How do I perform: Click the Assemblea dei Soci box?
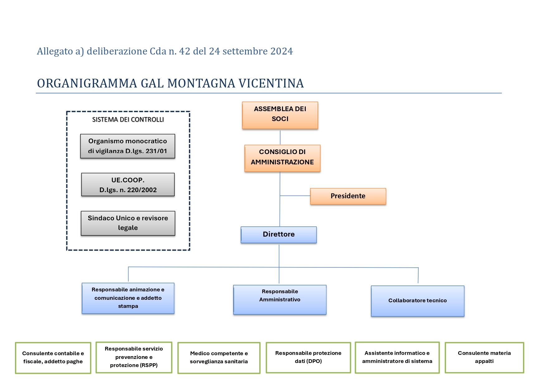(x=280, y=115)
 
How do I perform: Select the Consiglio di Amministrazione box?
(x=282, y=158)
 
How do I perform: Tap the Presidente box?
(x=348, y=196)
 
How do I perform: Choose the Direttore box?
(x=279, y=235)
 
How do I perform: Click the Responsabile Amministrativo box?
(x=280, y=300)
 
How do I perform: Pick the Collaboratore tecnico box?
(x=418, y=301)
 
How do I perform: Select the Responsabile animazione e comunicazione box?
(x=128, y=298)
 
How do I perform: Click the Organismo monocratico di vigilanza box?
(x=128, y=146)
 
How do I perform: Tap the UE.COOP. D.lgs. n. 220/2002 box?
(x=128, y=185)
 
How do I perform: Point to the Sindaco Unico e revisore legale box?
(x=128, y=223)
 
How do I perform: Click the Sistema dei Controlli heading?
(x=128, y=120)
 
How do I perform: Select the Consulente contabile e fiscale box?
(x=53, y=358)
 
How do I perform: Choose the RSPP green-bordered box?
(x=134, y=357)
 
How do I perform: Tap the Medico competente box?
(x=219, y=358)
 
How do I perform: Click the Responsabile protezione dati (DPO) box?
(x=308, y=357)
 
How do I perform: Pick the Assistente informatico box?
(x=397, y=357)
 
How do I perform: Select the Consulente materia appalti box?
(x=484, y=357)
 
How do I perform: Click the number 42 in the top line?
(x=185, y=51)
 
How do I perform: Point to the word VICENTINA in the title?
(x=271, y=83)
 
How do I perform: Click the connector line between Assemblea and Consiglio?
(x=280, y=137)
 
